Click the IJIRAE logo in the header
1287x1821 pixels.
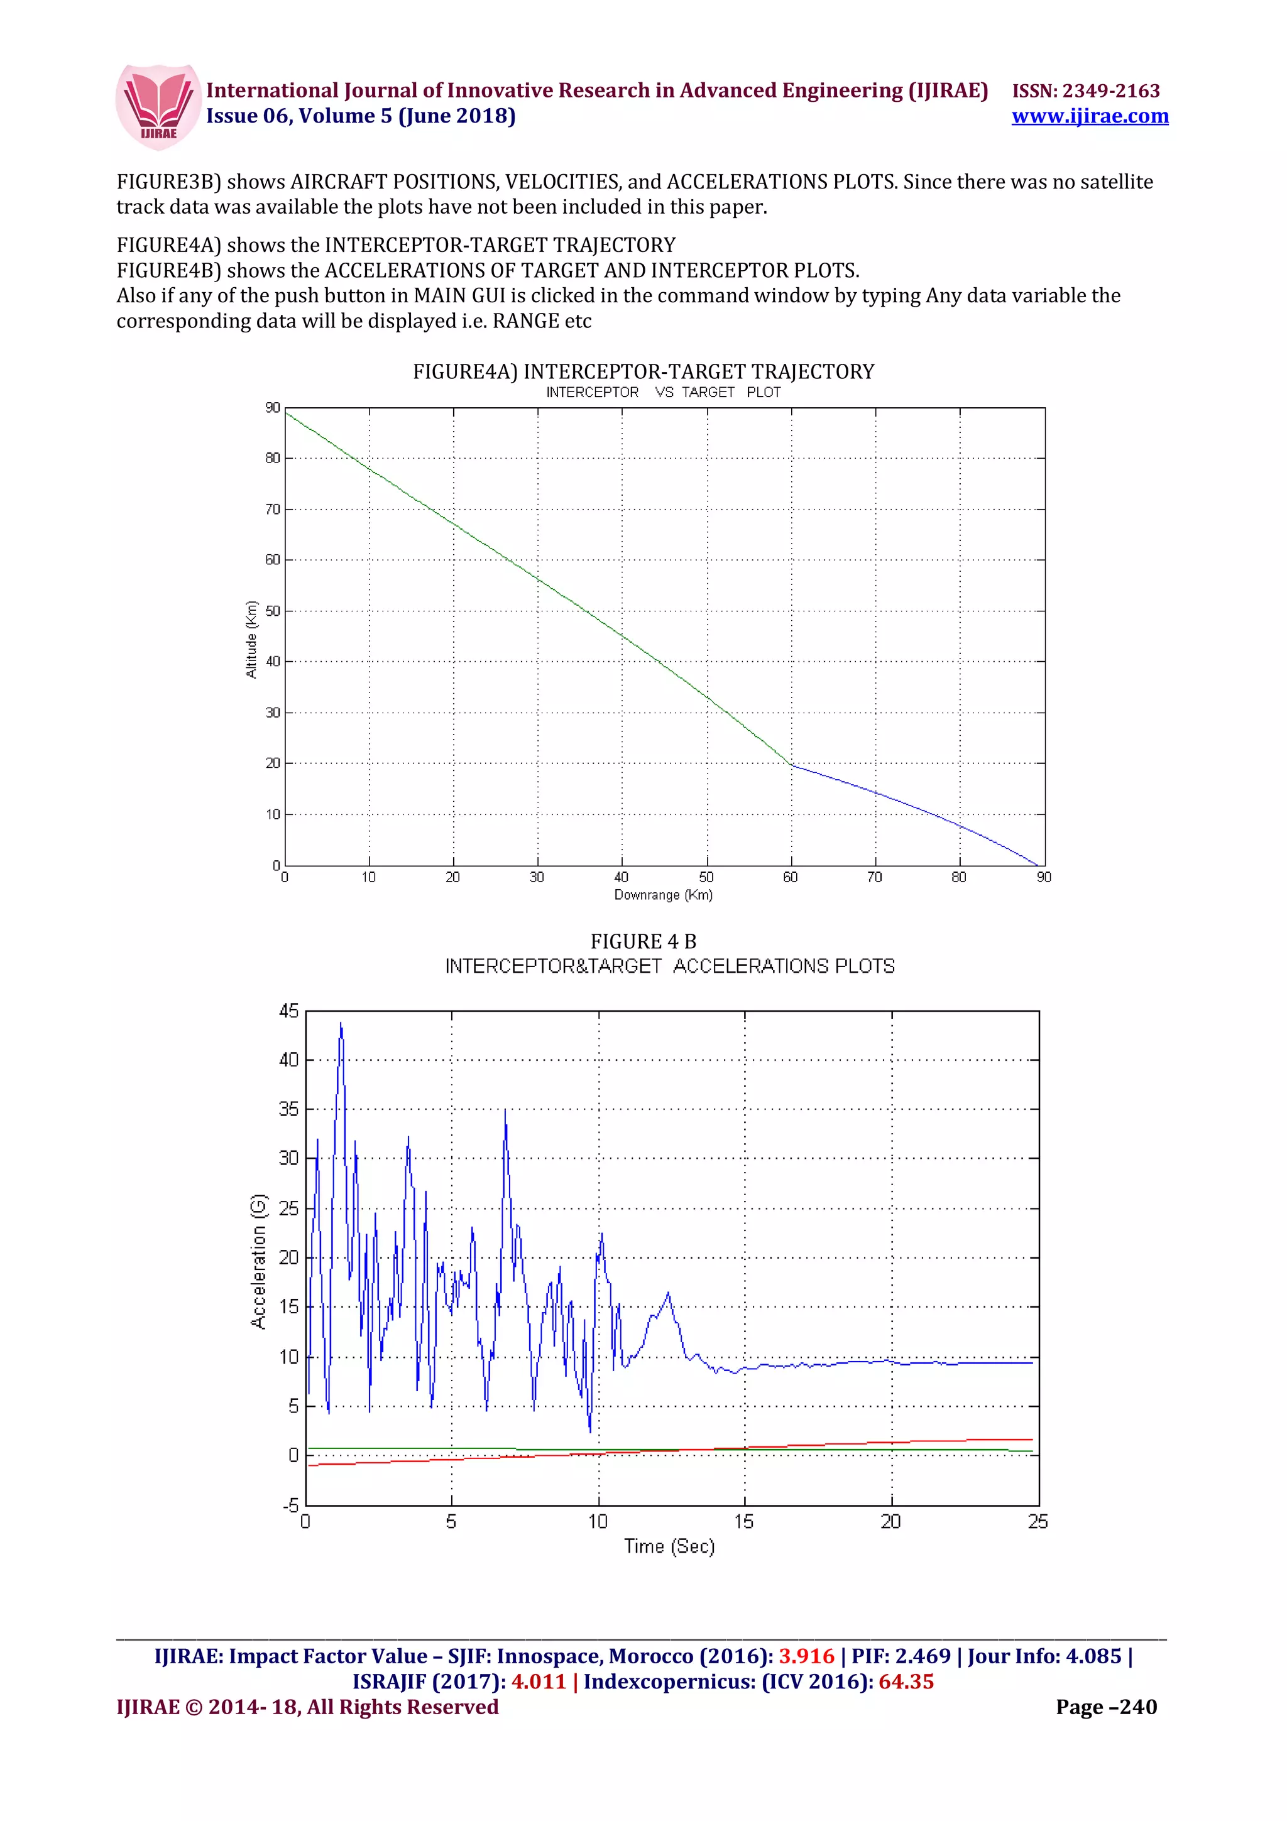pyautogui.click(x=157, y=106)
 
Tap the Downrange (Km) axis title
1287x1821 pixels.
pyautogui.click(x=663, y=895)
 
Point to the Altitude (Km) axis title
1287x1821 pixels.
pyautogui.click(x=251, y=639)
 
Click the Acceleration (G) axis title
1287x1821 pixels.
pyautogui.click(x=258, y=1260)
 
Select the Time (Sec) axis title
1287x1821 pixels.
pyautogui.click(x=669, y=1546)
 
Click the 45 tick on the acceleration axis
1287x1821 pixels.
pyautogui.click(x=288, y=1011)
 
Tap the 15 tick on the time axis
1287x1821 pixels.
pyautogui.click(x=744, y=1521)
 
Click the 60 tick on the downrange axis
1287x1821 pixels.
pyautogui.click(x=791, y=877)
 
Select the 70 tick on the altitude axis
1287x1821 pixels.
pyautogui.click(x=273, y=509)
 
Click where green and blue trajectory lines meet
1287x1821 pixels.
pyautogui.click(x=791, y=765)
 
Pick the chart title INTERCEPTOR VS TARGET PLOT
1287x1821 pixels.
pyautogui.click(x=663, y=393)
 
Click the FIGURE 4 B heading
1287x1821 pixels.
pyautogui.click(x=643, y=941)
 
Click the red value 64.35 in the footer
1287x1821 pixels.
pyautogui.click(x=906, y=1682)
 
